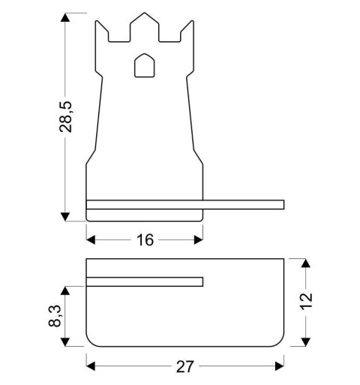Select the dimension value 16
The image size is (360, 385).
tap(145, 240)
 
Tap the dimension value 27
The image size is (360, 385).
tap(185, 366)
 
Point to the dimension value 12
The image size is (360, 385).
tap(305, 302)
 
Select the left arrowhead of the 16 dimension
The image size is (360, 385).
tap(91, 240)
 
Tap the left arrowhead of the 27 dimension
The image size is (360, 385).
tap(91, 366)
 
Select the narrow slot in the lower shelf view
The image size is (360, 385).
tap(145, 281)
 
